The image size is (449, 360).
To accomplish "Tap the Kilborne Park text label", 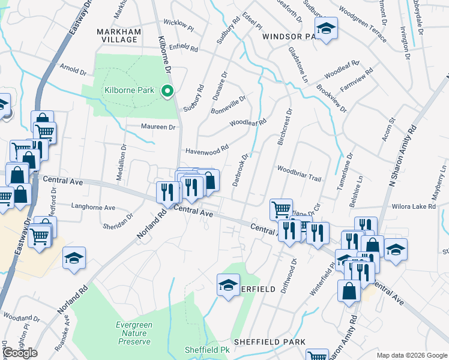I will pos(130,91).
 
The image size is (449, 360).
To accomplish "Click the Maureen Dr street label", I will pos(158,127).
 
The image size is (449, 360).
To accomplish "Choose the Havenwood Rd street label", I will pos(207,150).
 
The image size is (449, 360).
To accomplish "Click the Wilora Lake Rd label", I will pos(415,206).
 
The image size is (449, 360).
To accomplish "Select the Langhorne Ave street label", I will pos(93,208).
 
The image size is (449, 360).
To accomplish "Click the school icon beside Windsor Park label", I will pos(326,29).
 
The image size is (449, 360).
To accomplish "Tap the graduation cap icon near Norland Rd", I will pos(74,259).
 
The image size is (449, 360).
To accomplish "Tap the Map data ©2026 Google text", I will pos(411,355).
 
